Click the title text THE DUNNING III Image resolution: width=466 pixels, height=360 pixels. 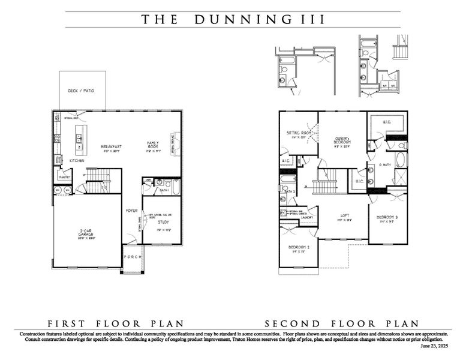pyautogui.click(x=233, y=19)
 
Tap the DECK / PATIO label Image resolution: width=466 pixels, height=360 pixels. pyautogui.click(x=82, y=91)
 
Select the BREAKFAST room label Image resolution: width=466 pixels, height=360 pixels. pyautogui.click(x=112, y=146)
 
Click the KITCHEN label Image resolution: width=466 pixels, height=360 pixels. pyautogui.click(x=76, y=161)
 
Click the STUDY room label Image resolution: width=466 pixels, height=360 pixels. pyautogui.click(x=163, y=223)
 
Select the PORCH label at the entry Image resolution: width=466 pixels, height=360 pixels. pyautogui.click(x=132, y=257)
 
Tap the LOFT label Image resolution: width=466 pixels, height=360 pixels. pyautogui.click(x=344, y=217)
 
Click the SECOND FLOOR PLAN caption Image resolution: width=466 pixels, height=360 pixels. pyautogui.click(x=342, y=322)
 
